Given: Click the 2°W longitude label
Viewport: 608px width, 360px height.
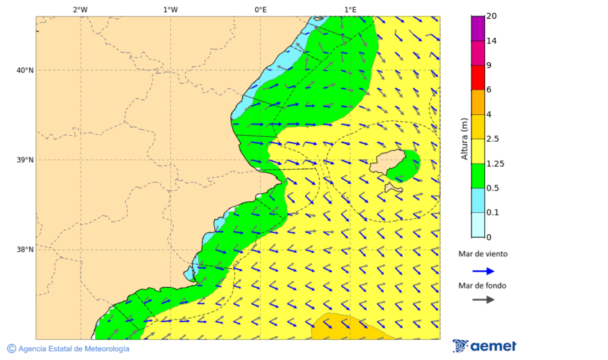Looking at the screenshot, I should (x=80, y=9).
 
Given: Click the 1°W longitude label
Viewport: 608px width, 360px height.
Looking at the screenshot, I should (x=170, y=9).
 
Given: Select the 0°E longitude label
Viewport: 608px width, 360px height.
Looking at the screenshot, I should (x=260, y=9).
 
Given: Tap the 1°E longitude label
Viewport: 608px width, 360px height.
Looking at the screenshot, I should (x=350, y=9).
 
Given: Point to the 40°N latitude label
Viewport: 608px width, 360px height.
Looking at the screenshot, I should (x=24, y=70).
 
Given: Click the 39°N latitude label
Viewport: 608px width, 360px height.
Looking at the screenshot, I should (x=24, y=160).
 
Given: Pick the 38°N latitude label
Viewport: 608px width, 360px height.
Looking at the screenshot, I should (x=24, y=250).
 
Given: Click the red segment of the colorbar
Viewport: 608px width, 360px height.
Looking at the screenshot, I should (x=478, y=78).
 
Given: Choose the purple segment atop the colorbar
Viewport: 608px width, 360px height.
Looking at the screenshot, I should (x=478, y=28).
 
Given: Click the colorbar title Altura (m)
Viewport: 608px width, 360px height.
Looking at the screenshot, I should (x=464, y=138).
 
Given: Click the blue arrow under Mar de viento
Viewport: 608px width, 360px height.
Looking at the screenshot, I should (x=483, y=271).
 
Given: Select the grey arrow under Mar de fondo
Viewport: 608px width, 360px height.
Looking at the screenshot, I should (x=483, y=300).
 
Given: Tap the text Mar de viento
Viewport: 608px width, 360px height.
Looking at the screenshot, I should (x=483, y=255).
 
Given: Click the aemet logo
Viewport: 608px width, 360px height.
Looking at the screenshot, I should (x=484, y=346).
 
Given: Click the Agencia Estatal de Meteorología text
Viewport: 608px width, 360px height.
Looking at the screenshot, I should (x=73, y=349).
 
